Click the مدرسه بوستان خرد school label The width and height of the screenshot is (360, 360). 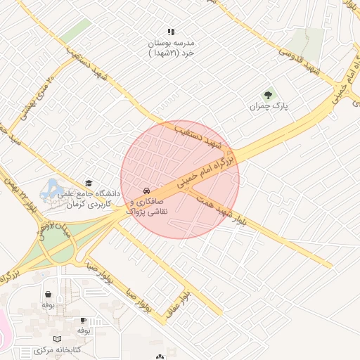(x=171, y=47)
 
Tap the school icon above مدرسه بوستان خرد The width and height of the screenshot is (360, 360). (x=170, y=32)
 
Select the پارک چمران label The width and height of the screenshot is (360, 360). (x=269, y=107)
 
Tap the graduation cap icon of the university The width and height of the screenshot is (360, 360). (x=89, y=183)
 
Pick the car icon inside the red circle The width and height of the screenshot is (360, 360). (x=146, y=191)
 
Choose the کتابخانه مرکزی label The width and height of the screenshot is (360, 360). (x=58, y=349)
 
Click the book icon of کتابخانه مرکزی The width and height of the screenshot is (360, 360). (x=58, y=338)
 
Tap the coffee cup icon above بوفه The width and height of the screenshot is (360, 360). (x=83, y=320)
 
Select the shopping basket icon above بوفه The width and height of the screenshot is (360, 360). (x=48, y=295)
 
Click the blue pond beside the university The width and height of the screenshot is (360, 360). (x=51, y=188)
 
